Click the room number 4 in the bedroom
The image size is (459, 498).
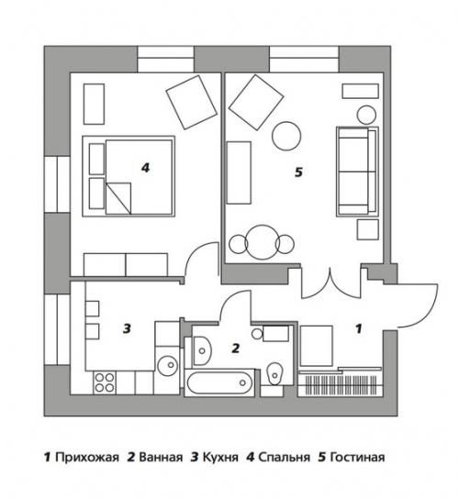point(145,167)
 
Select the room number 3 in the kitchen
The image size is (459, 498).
point(128,327)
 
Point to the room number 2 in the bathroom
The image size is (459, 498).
point(235,349)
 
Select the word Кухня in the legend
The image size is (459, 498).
point(218,456)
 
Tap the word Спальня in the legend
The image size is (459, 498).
point(281,456)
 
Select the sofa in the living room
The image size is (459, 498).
point(356,170)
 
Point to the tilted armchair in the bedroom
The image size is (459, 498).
point(190,101)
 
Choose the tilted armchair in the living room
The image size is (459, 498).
point(255,102)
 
